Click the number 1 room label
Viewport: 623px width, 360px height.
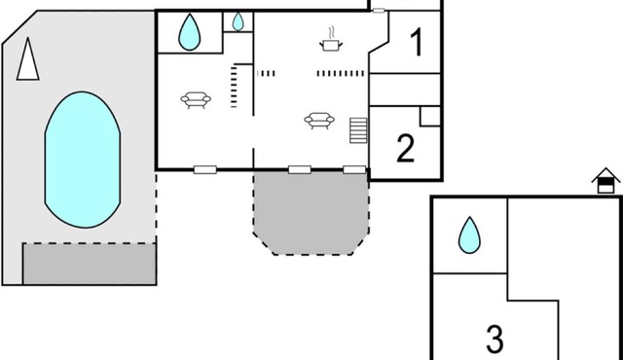pos(416,43)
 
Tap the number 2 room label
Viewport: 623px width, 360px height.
pos(406,147)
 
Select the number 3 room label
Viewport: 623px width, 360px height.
pos(495,340)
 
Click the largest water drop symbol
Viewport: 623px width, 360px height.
pos(189,33)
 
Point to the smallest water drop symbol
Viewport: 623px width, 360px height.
pos(238,21)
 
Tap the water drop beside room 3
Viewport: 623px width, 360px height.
pos(469,234)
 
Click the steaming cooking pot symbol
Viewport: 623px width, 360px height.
pos(331,42)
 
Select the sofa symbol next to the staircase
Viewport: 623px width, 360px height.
pos(319,120)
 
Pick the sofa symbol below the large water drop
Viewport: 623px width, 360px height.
pos(196,98)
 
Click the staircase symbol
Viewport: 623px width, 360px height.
pos(358,130)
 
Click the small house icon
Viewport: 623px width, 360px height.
pos(606,181)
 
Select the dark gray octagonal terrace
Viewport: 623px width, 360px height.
pos(311,212)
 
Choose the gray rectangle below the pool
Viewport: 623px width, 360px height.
pos(90,264)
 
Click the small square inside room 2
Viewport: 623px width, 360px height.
pos(430,116)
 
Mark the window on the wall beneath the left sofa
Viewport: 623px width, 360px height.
pos(204,169)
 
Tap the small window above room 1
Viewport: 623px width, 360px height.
pos(379,11)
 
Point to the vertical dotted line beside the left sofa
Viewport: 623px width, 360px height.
pos(234,85)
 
